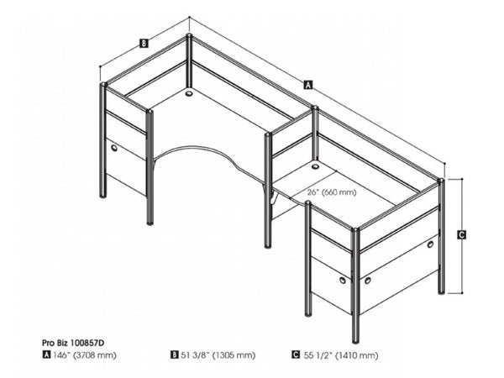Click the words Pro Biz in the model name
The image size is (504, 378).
(x=55, y=342)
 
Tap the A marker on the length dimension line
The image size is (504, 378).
(x=307, y=85)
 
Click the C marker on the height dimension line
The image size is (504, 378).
(x=461, y=236)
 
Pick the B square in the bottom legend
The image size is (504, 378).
(x=175, y=354)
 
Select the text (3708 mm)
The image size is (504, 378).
(x=96, y=354)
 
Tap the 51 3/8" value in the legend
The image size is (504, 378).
(x=196, y=354)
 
